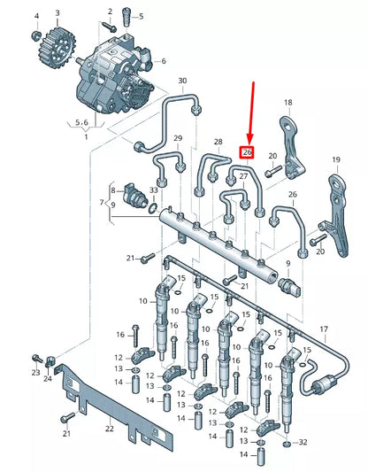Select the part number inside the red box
248,151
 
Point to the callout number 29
178,138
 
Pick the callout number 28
217,142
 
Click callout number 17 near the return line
323,329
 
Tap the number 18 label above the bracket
287,104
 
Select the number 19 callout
335,159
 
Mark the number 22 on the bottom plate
109,429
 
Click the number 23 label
35,373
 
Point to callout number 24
49,378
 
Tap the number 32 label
303,441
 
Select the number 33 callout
154,190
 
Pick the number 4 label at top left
37,16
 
